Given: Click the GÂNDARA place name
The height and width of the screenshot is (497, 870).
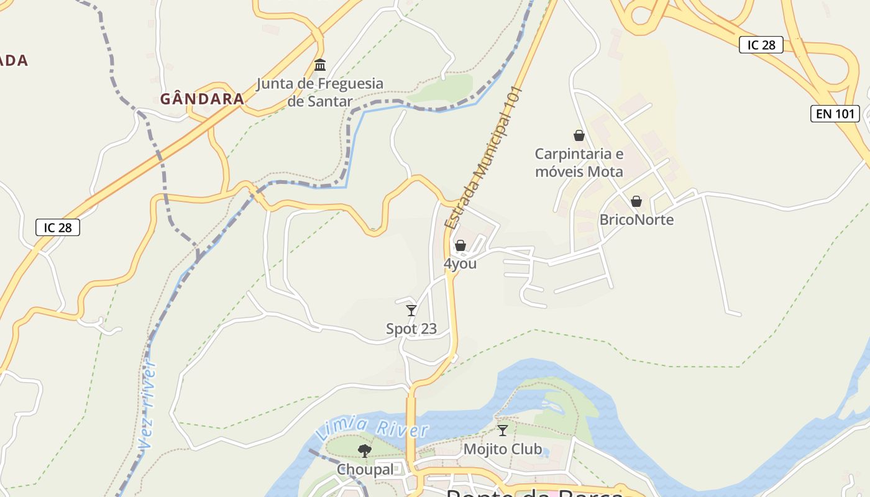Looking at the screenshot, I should click(x=202, y=99).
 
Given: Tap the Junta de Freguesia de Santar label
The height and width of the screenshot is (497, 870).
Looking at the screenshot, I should click(x=320, y=92).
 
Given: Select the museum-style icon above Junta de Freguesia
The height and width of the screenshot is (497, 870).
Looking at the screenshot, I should click(x=320, y=65).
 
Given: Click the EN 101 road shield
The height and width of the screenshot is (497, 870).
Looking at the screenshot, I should click(x=835, y=114).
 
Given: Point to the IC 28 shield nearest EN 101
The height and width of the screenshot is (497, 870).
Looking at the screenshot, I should click(x=761, y=45).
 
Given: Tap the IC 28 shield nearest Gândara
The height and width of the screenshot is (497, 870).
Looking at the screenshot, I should click(x=58, y=227).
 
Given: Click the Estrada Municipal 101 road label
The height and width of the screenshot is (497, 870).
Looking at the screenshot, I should click(x=485, y=158).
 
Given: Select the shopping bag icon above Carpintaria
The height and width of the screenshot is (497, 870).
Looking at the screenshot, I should click(x=579, y=135).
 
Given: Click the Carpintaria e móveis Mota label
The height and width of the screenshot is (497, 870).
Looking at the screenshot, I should click(x=579, y=163).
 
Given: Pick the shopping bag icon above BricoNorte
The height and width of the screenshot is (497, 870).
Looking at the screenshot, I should click(x=636, y=201).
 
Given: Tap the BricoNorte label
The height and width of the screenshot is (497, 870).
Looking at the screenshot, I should click(x=636, y=220).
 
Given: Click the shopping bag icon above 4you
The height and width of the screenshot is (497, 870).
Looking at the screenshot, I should click(x=460, y=246).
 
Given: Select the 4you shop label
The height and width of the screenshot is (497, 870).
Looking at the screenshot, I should click(x=460, y=263).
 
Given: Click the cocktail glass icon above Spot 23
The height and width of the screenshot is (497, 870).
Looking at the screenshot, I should click(x=411, y=310).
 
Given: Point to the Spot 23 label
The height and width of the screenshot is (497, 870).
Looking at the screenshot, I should click(x=411, y=329).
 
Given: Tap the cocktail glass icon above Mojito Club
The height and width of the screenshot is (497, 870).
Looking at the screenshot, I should click(x=503, y=430).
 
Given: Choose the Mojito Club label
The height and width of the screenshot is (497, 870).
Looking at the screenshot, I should click(x=503, y=449).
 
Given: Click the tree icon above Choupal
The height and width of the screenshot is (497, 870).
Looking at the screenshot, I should click(x=365, y=451).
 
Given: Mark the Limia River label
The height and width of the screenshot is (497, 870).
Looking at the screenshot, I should click(x=372, y=429).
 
